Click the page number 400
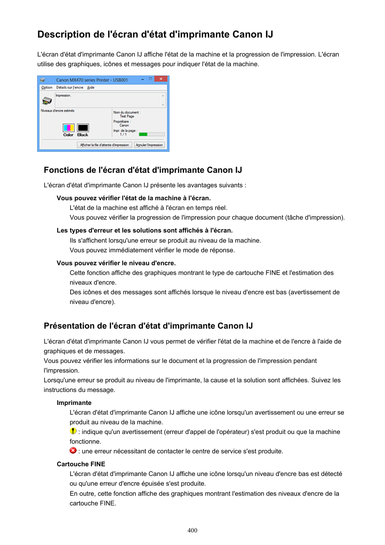point(192,530)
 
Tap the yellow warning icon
point(73,431)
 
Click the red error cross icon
point(73,451)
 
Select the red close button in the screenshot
point(161,79)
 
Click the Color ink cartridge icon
point(68,128)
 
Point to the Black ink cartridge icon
point(83,128)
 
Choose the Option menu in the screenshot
point(47,88)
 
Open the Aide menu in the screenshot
point(91,88)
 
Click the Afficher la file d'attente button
point(105,145)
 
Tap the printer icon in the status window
point(47,100)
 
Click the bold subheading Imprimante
point(74,403)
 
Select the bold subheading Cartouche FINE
point(81,464)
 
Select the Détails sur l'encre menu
point(70,88)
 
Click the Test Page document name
point(127,116)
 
